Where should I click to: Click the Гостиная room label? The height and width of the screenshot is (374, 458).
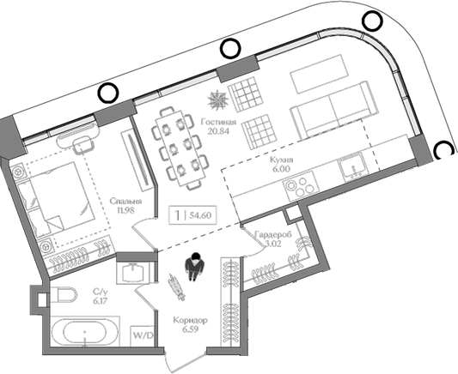[219, 122]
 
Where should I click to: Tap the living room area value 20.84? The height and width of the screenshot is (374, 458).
[219, 131]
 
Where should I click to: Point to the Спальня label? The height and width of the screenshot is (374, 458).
[125, 202]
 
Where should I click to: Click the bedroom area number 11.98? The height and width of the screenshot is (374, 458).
[125, 211]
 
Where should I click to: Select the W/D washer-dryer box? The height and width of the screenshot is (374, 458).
[141, 334]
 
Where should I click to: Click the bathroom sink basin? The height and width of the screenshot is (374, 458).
[136, 272]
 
